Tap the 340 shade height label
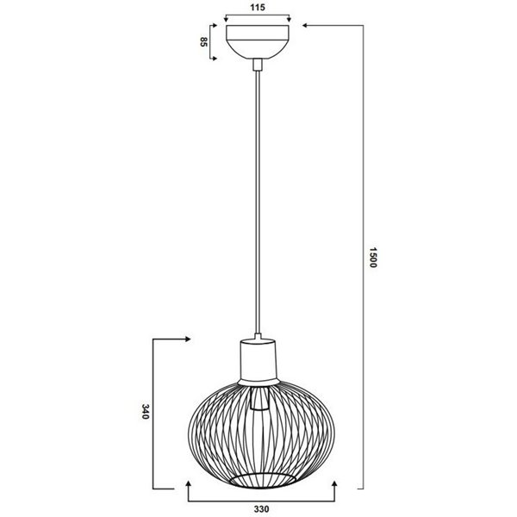coord(147,413)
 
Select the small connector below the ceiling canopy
coord(257,63)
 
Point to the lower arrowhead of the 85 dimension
coord(214,58)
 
